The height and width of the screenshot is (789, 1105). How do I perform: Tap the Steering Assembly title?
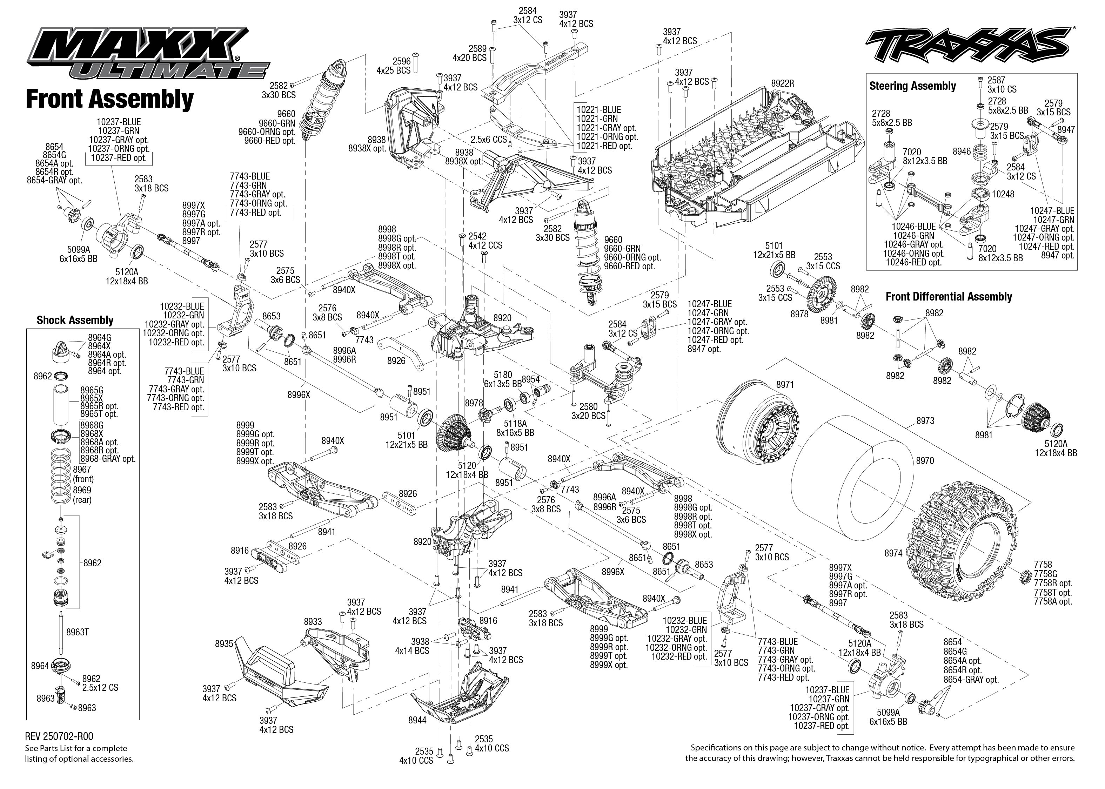[x=912, y=86]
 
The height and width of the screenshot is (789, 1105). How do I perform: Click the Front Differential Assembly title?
[x=949, y=297]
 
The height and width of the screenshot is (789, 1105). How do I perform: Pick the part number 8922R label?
[x=782, y=83]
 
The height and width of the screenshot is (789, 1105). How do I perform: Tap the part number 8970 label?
[x=925, y=460]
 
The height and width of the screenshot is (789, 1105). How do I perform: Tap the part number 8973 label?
[x=925, y=421]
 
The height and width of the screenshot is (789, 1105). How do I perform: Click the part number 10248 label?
[x=1003, y=194]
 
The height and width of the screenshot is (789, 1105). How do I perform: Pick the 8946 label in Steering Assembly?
[x=961, y=151]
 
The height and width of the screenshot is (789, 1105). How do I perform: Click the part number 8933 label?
[x=313, y=621]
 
